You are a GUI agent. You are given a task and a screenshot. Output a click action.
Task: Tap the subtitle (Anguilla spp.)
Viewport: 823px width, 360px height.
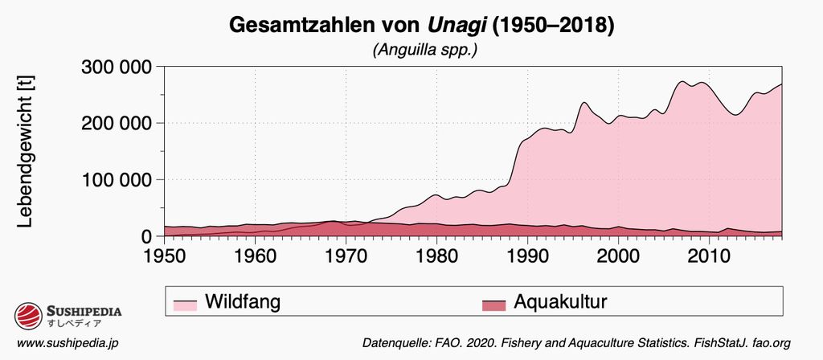pos(425,50)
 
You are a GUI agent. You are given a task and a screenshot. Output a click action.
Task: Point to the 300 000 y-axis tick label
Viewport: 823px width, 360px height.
pos(118,67)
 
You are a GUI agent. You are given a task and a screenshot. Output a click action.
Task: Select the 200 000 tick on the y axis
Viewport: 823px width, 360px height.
pos(118,123)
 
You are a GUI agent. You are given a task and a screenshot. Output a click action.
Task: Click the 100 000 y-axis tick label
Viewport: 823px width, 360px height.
pos(118,180)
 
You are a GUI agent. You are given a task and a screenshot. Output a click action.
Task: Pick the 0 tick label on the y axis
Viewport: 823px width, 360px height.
pos(147,236)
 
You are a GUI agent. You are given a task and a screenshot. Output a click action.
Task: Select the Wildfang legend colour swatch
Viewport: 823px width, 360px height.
pos(185,304)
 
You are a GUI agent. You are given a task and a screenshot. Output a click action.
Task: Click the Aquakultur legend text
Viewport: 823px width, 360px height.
pos(559,303)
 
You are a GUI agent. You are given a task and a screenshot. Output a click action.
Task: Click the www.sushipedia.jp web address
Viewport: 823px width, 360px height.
pos(68,343)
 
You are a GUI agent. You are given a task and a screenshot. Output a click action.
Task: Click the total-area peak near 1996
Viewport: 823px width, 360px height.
pos(584,102)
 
